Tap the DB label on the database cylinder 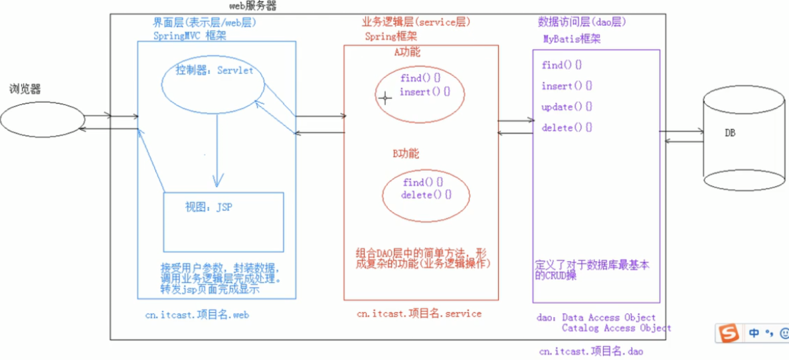click(x=731, y=133)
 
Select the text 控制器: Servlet click(x=215, y=70)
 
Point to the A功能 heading click(x=406, y=52)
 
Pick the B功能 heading click(x=406, y=153)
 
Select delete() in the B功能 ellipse click(x=426, y=195)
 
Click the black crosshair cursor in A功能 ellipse click(x=385, y=98)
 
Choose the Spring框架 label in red click(x=391, y=37)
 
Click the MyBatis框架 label click(x=572, y=39)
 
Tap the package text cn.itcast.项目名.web click(x=197, y=315)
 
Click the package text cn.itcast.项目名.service click(x=419, y=314)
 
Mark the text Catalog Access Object click(x=616, y=327)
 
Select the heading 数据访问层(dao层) click(x=582, y=22)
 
